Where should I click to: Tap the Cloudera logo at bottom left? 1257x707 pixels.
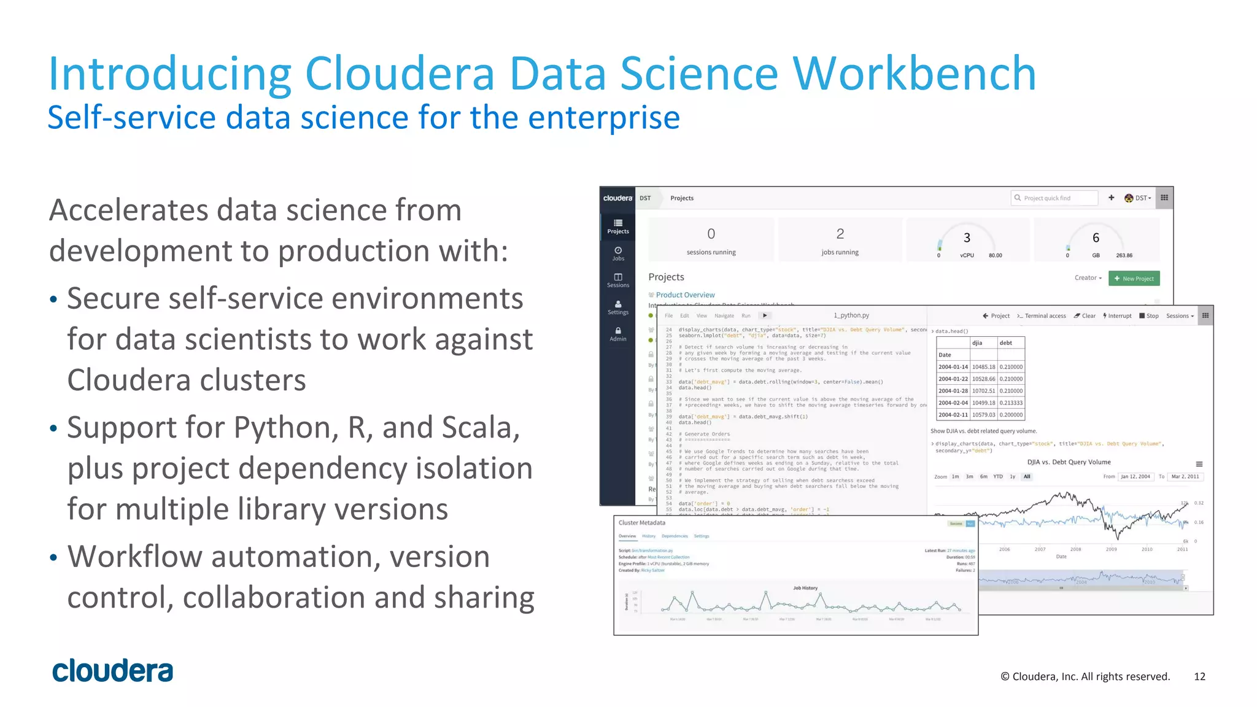tap(112, 671)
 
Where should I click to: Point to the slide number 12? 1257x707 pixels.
tap(1199, 676)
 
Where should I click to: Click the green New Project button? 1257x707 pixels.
tap(1134, 279)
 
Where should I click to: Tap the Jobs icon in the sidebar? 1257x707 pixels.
tap(618, 253)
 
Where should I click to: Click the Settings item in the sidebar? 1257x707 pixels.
tap(618, 307)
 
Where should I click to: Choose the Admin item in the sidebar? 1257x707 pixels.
tap(618, 334)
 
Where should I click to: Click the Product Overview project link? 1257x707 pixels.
tap(685, 295)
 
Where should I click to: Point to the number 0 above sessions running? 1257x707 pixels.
tap(711, 234)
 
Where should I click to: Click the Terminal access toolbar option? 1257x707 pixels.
tap(1042, 316)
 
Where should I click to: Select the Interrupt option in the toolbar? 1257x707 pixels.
tap(1117, 316)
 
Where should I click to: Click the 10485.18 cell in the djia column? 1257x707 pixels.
tap(983, 367)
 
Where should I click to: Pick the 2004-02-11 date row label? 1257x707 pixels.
tap(953, 415)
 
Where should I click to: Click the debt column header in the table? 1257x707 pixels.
tap(1005, 343)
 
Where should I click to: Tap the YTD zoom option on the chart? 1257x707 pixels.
tap(998, 477)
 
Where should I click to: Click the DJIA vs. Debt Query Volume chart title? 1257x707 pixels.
tap(1069, 462)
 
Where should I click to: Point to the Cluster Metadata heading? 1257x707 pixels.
tap(641, 523)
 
